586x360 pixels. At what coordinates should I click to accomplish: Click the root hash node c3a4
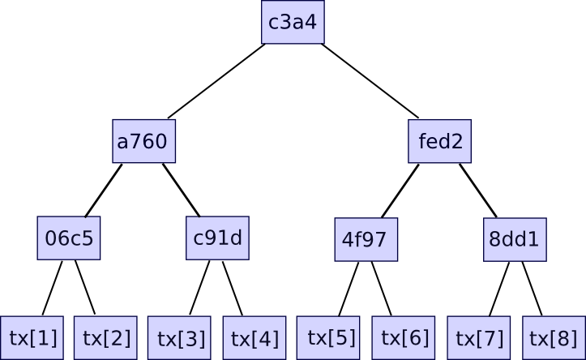[x=293, y=22]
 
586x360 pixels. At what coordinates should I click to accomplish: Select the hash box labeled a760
[x=143, y=142]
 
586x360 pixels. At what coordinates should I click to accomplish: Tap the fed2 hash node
[x=439, y=142]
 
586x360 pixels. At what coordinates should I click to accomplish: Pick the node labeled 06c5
[x=69, y=238]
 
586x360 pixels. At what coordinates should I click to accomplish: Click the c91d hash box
[x=217, y=238]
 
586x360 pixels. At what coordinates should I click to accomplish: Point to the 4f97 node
[x=366, y=240]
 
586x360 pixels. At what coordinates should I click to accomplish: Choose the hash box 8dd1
[x=515, y=240]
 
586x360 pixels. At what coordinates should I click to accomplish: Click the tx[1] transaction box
[x=32, y=337]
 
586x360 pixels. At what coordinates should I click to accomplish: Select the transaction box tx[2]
[x=106, y=337]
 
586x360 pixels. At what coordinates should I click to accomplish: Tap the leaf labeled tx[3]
[x=182, y=338]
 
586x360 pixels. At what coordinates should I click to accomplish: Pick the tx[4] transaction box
[x=255, y=338]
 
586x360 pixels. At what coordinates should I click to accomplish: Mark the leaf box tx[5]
[x=331, y=337]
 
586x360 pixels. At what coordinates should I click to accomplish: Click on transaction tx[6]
[x=404, y=337]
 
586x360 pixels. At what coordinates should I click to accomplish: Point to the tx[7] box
[x=479, y=338]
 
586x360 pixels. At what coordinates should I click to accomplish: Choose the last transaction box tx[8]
[x=554, y=338]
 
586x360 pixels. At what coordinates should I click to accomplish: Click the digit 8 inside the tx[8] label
[x=564, y=338]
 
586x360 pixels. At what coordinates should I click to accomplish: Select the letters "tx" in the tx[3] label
[x=165, y=339]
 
